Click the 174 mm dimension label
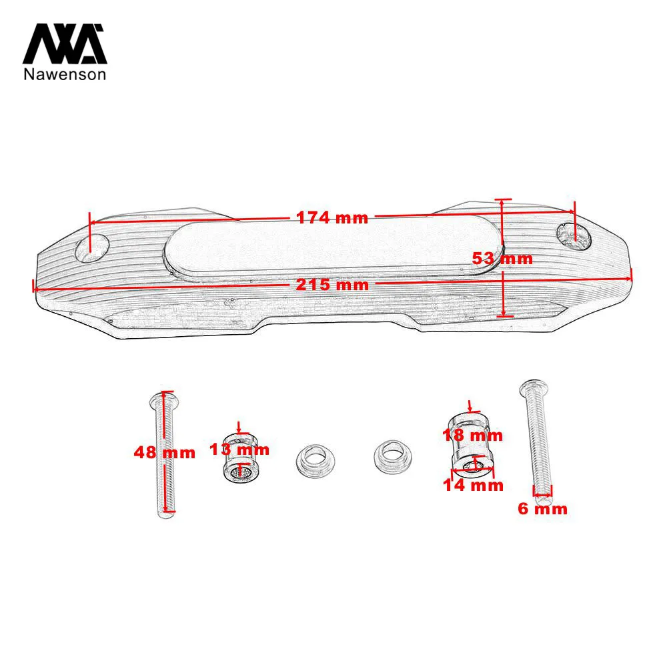(x=331, y=218)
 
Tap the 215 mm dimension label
(x=332, y=285)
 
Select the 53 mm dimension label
(x=502, y=259)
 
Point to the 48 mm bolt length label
(x=165, y=452)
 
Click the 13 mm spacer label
(x=239, y=449)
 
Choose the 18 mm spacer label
(x=473, y=435)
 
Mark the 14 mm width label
(x=473, y=485)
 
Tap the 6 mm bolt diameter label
(x=542, y=509)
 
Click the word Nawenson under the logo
(x=65, y=74)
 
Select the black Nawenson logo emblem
(x=64, y=44)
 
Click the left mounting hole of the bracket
(x=92, y=248)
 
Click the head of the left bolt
(x=164, y=399)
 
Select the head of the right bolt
(x=534, y=387)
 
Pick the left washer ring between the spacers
(x=315, y=460)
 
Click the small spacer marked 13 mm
(x=240, y=458)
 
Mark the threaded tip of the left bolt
(x=166, y=513)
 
